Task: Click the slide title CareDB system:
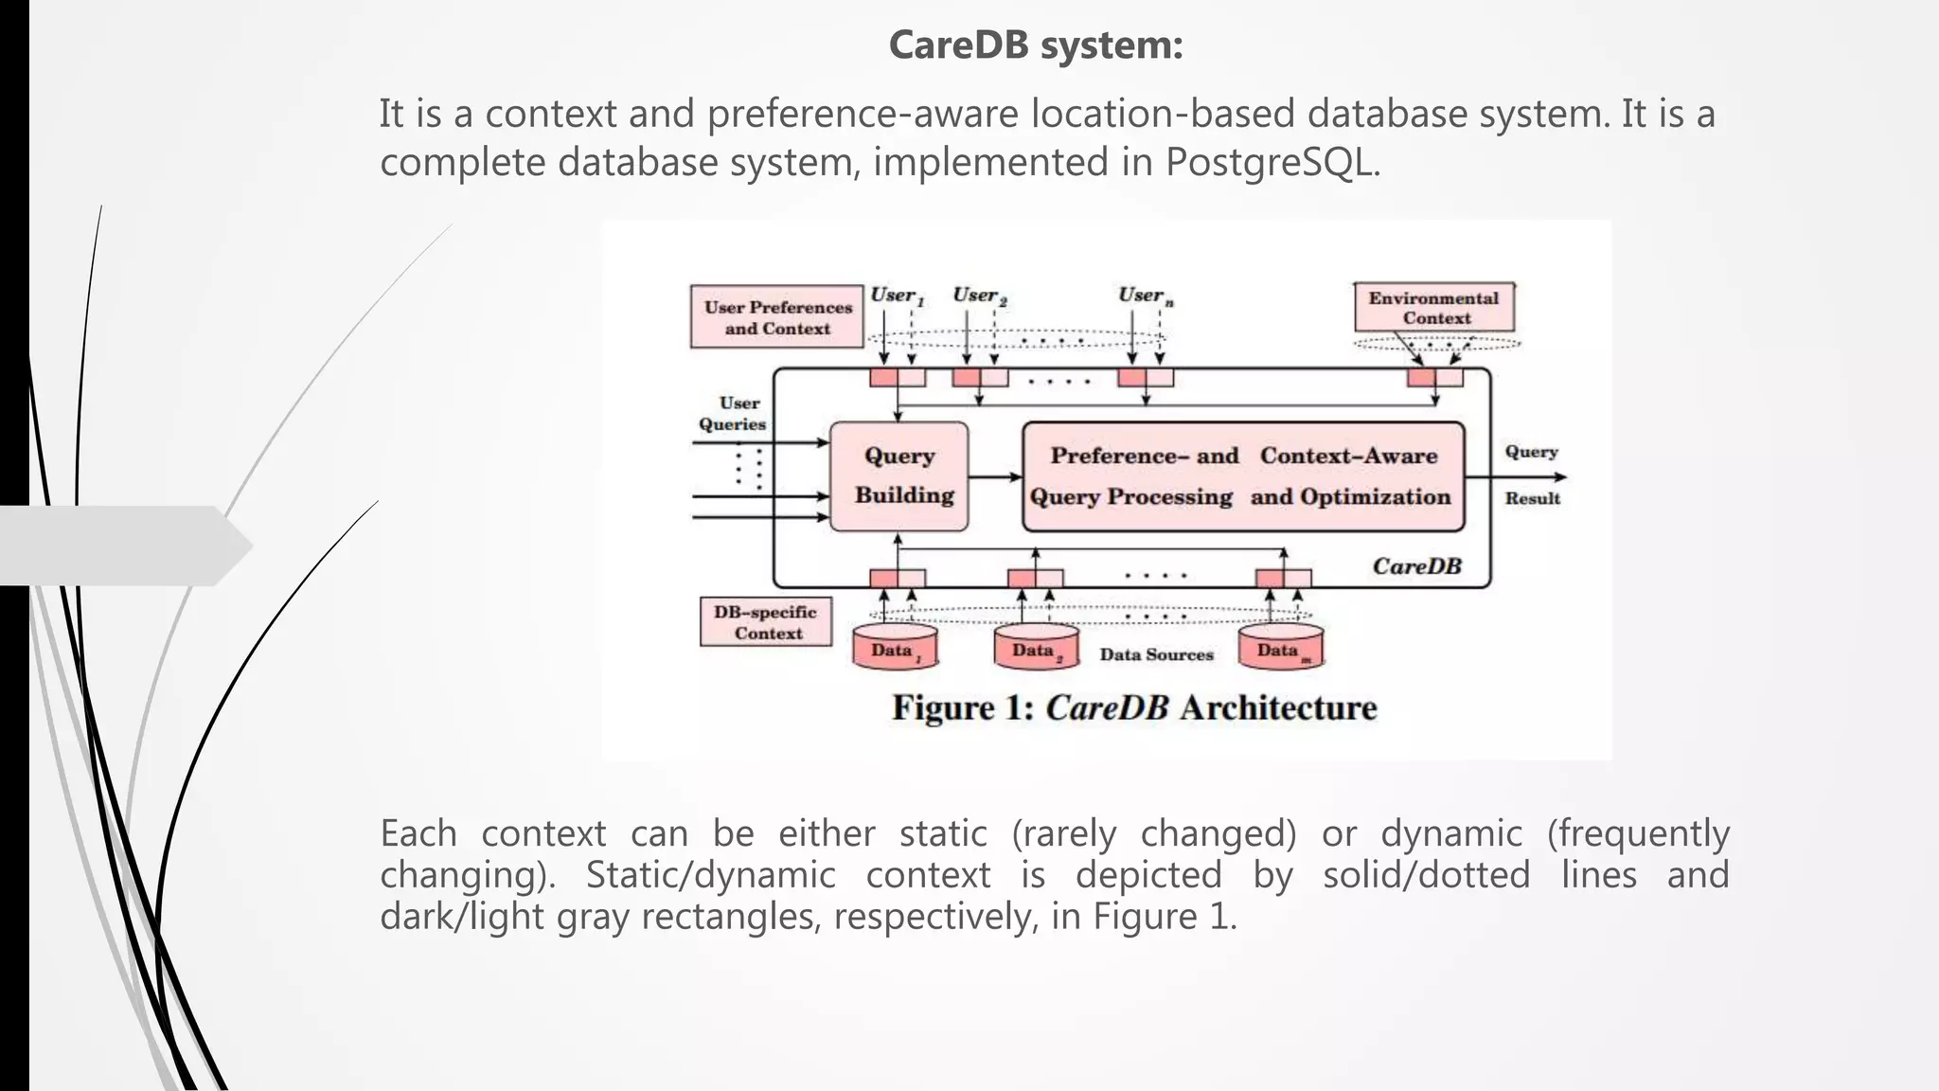tap(1036, 45)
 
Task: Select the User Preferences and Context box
tap(777, 317)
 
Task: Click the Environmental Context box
tap(1433, 308)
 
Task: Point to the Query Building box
tap(899, 475)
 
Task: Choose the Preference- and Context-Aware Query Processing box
tap(1243, 476)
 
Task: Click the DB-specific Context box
tap(766, 622)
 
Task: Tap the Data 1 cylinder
tap(895, 649)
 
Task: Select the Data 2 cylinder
tap(1036, 649)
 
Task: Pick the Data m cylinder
tap(1281, 649)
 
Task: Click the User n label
tap(1144, 295)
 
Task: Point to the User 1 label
tap(895, 295)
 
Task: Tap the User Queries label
tap(734, 414)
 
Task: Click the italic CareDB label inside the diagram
tap(1416, 566)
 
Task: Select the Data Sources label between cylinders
tap(1156, 654)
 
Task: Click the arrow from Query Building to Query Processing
tap(995, 476)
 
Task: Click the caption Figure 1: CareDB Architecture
tap(1133, 708)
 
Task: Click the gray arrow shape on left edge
tap(123, 545)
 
